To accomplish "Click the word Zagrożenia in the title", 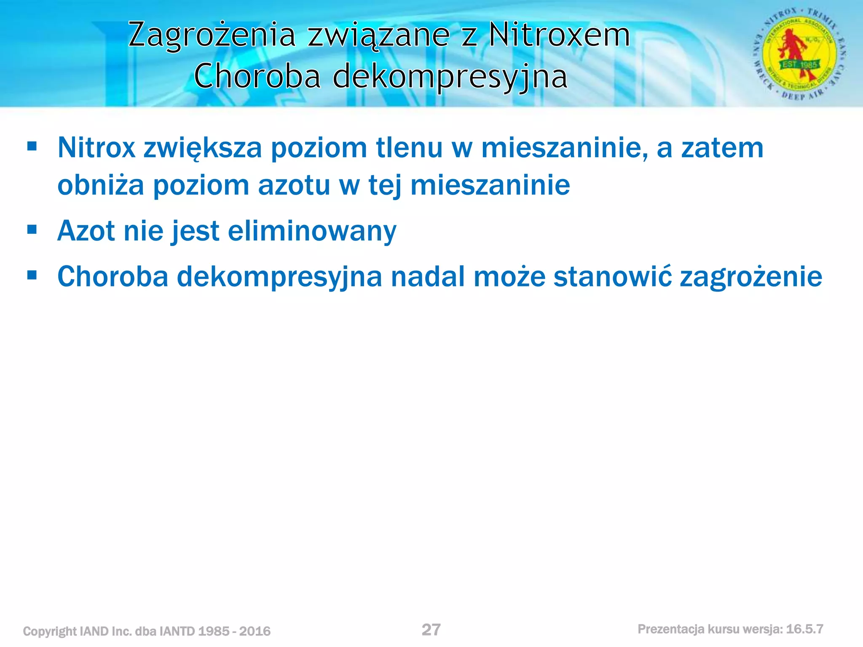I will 212,36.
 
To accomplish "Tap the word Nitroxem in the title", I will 559,35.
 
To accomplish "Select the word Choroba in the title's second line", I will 257,77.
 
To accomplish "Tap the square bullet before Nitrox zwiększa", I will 32,147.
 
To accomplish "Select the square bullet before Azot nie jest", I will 32,230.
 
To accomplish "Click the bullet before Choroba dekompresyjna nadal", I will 32,275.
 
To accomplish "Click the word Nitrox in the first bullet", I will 96,148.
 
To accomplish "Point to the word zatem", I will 722,148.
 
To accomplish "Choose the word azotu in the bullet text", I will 294,185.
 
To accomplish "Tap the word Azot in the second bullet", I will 86,231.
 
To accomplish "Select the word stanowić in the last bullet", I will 612,277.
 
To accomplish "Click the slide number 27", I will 431,630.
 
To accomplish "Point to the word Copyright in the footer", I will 50,631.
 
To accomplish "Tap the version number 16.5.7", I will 804,629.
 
